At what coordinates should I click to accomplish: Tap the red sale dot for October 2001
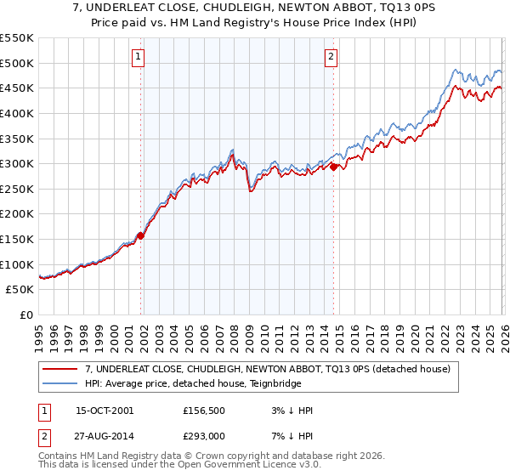point(141,236)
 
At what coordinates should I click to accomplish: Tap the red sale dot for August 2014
point(333,167)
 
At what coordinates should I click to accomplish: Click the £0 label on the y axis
point(27,314)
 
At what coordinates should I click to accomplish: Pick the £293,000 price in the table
point(207,438)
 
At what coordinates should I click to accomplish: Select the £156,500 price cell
point(207,411)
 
